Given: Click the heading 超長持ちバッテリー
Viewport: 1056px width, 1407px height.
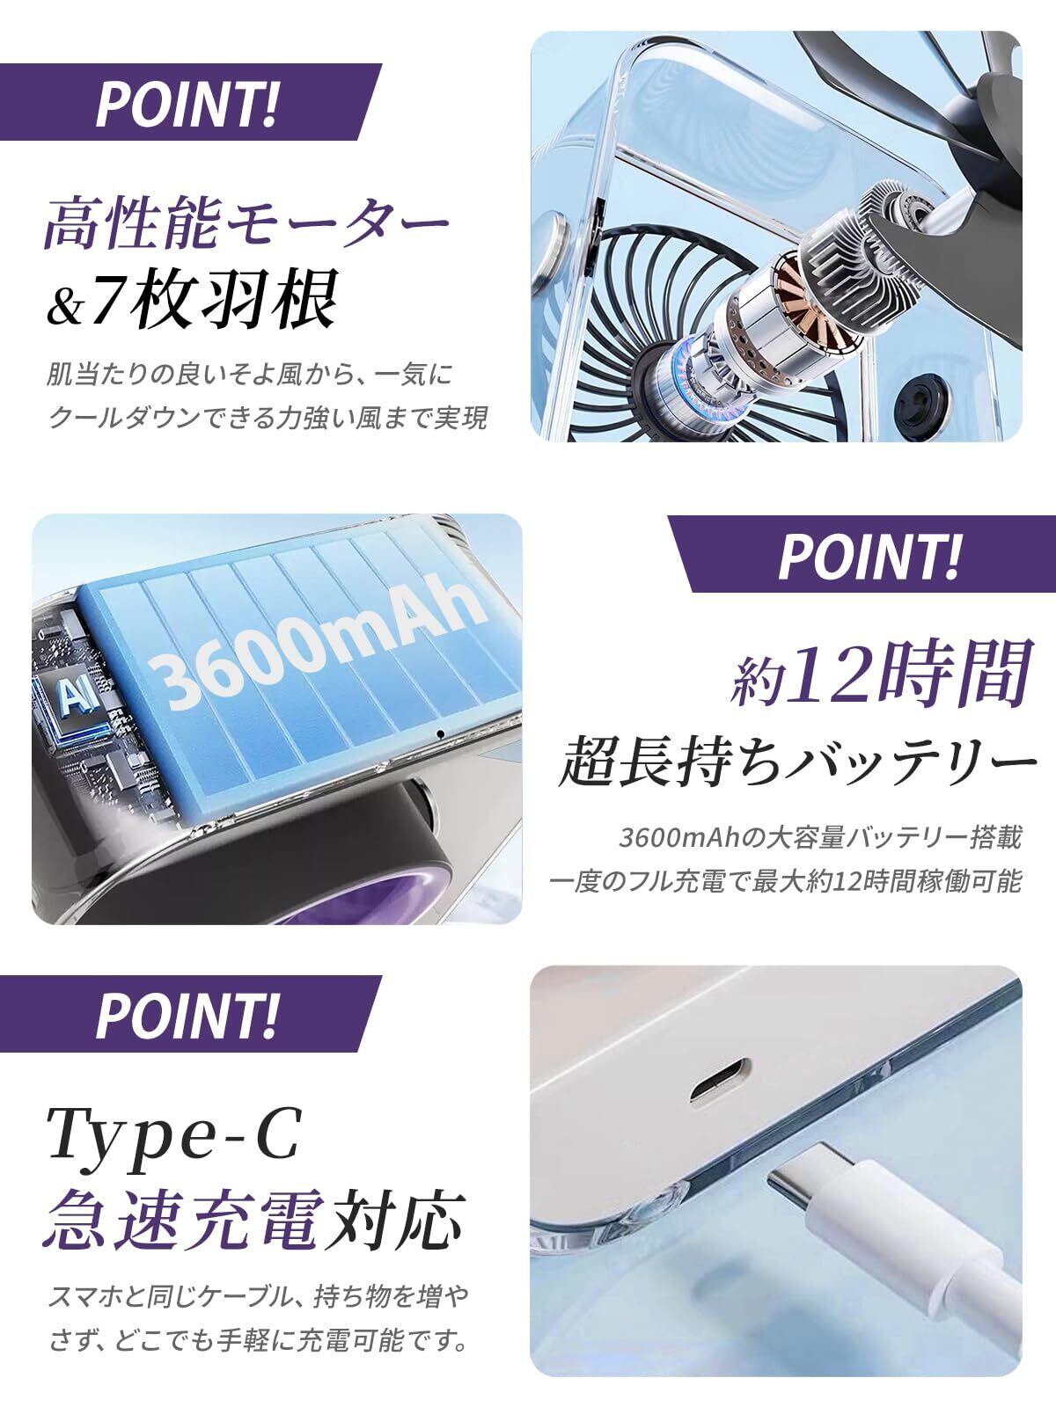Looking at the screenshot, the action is [797, 762].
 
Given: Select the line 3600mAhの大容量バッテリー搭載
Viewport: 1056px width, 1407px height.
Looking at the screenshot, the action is [820, 838].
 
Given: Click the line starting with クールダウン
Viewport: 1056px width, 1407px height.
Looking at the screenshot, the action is [268, 418].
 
